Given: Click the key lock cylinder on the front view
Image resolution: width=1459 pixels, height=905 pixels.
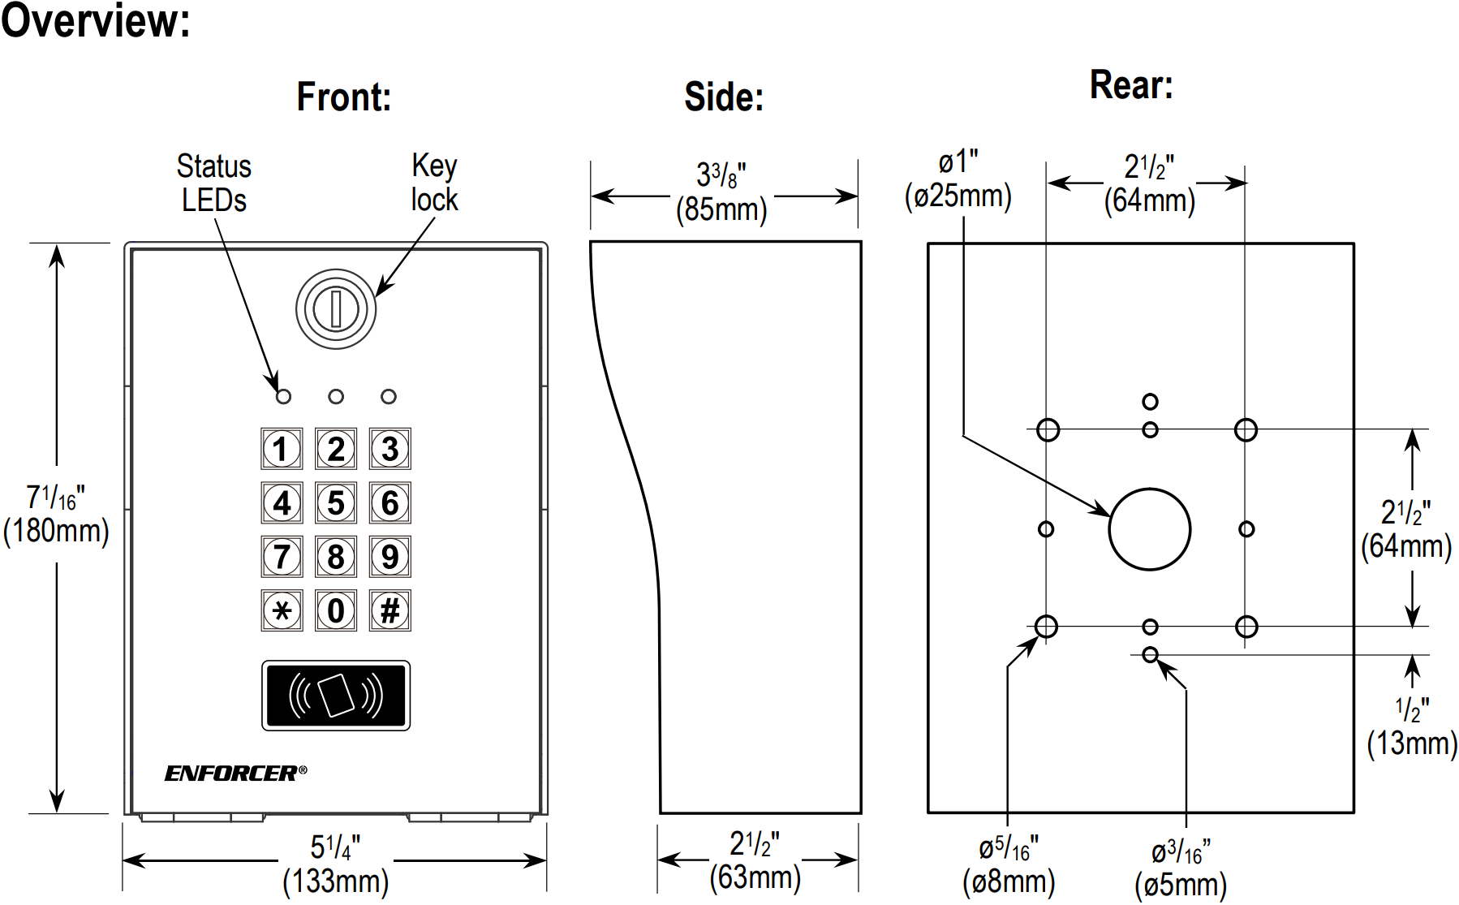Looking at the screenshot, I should coord(336,309).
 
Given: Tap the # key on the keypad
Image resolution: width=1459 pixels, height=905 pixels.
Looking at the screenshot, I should coord(390,610).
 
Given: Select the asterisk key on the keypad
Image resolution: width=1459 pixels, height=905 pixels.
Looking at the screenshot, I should coord(282,610).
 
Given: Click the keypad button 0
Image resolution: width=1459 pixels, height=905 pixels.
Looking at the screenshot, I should coord(336,610).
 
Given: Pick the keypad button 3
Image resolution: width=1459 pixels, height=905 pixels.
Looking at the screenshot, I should coord(390,449).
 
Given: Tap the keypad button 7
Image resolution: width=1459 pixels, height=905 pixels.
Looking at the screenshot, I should coord(282,557).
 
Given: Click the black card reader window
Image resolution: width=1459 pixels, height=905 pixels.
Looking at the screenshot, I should coord(336,696).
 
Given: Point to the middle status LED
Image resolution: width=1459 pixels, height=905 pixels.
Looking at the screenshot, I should coord(336,397).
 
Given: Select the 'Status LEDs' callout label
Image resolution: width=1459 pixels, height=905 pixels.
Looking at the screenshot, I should coord(214,183).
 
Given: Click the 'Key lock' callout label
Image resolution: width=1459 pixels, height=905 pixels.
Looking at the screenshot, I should coord(434,183).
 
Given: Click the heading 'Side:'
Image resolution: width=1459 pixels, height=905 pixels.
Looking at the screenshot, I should coord(724,97).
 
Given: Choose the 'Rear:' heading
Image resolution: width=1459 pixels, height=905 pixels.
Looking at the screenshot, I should coord(1131,85).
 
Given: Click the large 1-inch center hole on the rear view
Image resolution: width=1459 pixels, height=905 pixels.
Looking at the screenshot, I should coord(1149,529).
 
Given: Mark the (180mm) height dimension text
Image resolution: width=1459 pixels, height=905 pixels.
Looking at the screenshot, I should coord(56,531).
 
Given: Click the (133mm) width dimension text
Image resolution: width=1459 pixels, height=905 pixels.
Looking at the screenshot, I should coord(336,881).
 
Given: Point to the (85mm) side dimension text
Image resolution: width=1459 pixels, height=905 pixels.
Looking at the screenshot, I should coord(721,209).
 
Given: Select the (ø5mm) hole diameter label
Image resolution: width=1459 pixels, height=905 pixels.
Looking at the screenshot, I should coord(1181,885).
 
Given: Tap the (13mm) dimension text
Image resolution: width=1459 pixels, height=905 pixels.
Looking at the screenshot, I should coord(1412,743).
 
